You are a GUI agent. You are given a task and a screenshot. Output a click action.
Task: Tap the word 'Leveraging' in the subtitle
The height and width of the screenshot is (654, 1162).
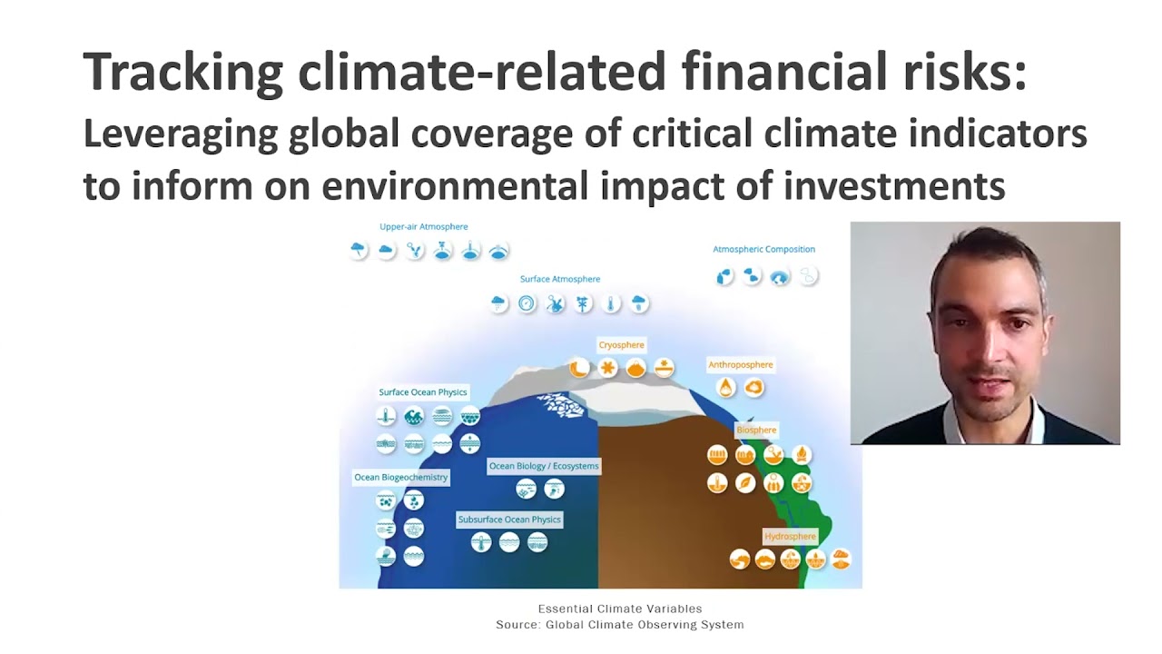pyautogui.click(x=180, y=134)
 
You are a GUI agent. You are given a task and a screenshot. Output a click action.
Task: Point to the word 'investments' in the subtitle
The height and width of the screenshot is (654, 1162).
pyautogui.click(x=893, y=185)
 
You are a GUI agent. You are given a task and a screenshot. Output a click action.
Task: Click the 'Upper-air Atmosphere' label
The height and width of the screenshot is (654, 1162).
pyautogui.click(x=424, y=227)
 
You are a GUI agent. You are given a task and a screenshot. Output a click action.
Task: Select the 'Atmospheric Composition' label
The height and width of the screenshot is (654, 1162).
pyautogui.click(x=763, y=249)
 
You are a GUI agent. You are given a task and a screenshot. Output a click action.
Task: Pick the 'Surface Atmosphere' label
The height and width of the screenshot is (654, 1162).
pyautogui.click(x=559, y=279)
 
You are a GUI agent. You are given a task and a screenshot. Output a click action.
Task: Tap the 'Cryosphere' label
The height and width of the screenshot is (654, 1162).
pyautogui.click(x=622, y=345)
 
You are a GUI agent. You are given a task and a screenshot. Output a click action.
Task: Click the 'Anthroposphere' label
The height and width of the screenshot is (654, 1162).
pyautogui.click(x=741, y=365)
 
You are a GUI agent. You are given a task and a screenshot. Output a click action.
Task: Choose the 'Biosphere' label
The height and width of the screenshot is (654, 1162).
pyautogui.click(x=756, y=430)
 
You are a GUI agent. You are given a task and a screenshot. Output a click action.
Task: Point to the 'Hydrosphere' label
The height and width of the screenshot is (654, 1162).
pyautogui.click(x=790, y=536)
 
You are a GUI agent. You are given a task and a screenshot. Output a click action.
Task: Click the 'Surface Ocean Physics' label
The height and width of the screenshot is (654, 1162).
pyautogui.click(x=423, y=392)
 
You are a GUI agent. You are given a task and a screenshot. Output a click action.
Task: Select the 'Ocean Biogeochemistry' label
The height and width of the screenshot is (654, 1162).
pyautogui.click(x=401, y=477)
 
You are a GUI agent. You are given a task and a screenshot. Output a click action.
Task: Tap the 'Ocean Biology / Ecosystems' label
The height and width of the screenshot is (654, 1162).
pyautogui.click(x=544, y=466)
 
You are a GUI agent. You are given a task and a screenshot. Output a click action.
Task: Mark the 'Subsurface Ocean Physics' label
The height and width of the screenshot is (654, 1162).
pyautogui.click(x=509, y=520)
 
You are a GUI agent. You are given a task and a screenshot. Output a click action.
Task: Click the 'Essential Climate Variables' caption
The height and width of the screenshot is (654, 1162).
pyautogui.click(x=620, y=609)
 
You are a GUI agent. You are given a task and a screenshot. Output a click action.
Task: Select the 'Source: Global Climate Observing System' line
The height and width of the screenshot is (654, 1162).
pyautogui.click(x=620, y=625)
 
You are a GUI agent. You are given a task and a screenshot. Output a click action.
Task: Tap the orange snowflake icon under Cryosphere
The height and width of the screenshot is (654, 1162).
pyautogui.click(x=608, y=368)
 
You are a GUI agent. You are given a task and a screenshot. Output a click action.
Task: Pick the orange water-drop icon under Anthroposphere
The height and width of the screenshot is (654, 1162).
pyautogui.click(x=726, y=388)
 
